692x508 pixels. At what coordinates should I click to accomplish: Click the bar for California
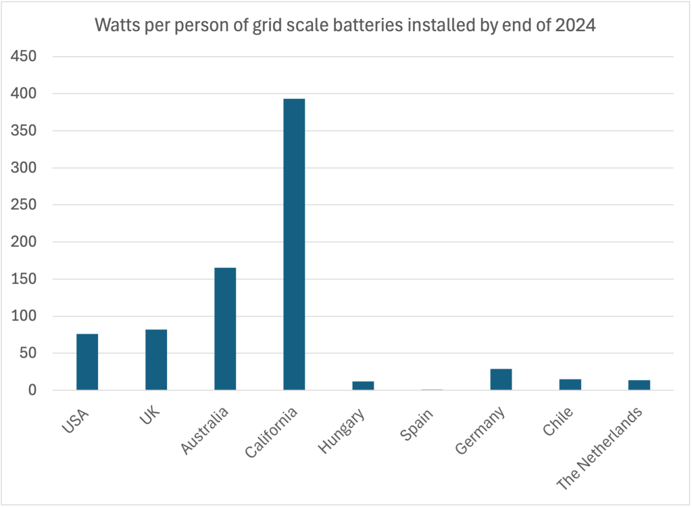coord(294,244)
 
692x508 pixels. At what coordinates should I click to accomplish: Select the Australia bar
coord(225,329)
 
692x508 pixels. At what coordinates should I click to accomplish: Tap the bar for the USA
coord(87,362)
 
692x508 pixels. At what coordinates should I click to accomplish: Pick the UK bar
coord(156,360)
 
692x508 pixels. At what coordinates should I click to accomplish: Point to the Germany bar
coord(501,379)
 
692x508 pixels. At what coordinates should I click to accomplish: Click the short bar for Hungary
coord(363,386)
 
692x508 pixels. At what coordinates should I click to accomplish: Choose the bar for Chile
coord(570,384)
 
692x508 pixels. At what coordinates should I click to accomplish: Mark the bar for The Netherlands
coord(639,385)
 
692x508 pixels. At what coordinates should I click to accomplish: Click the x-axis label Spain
coord(416,425)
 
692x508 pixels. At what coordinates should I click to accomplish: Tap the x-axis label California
coord(271,432)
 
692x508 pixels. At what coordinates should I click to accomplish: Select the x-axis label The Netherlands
coord(599,448)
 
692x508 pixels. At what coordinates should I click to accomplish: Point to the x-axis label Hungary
coord(341,431)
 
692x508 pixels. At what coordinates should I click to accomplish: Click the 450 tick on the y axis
coord(24,56)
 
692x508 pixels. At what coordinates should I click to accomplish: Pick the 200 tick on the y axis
coord(24,241)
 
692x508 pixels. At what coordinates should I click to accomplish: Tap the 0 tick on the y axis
coord(32,390)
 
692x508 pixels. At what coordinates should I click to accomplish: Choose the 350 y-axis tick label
coord(24,131)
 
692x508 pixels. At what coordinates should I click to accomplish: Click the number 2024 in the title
coord(576,25)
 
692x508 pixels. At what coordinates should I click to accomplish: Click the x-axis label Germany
coord(480,430)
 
